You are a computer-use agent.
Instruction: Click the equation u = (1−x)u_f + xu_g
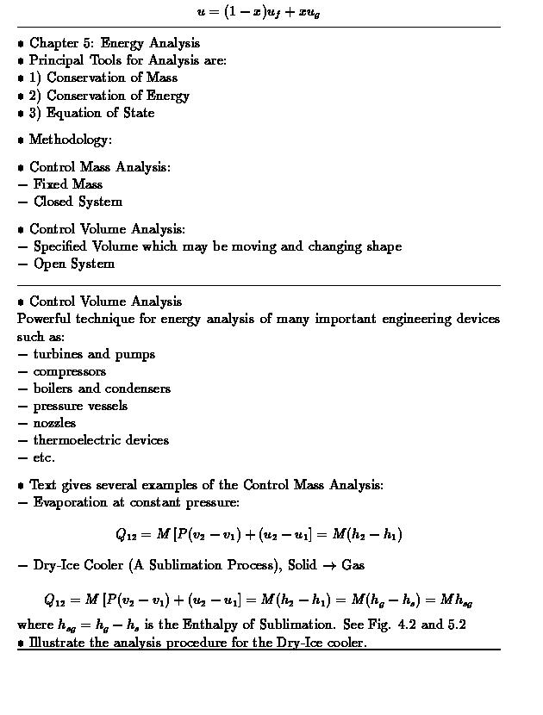coord(259,12)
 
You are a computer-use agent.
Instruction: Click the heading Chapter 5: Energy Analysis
coord(115,43)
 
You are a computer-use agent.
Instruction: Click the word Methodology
coord(70,140)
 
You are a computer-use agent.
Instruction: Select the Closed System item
coord(78,202)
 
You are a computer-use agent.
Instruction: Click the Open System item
coord(73,264)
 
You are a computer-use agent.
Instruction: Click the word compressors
coord(70,371)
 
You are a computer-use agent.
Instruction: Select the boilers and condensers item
coord(102,389)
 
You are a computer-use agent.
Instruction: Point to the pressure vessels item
coord(80,406)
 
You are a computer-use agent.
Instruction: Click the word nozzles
coord(54,423)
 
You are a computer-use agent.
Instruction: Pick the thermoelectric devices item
coord(101,440)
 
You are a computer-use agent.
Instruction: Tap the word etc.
coord(44,457)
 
